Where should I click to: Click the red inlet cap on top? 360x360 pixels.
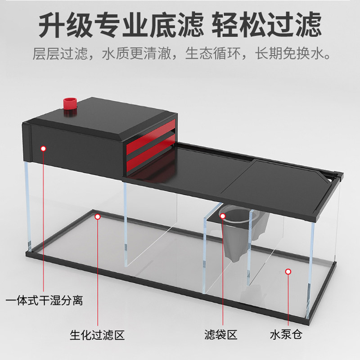[x=70, y=104]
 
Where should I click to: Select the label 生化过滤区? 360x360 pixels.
[x=97, y=335]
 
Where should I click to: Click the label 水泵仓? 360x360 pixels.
[x=287, y=335]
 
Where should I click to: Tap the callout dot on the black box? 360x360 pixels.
[x=44, y=148]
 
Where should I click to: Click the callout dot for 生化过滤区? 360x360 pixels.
[x=97, y=216]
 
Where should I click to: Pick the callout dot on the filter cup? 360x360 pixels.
[x=223, y=216]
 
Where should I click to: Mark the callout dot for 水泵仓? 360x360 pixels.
[x=288, y=271]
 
